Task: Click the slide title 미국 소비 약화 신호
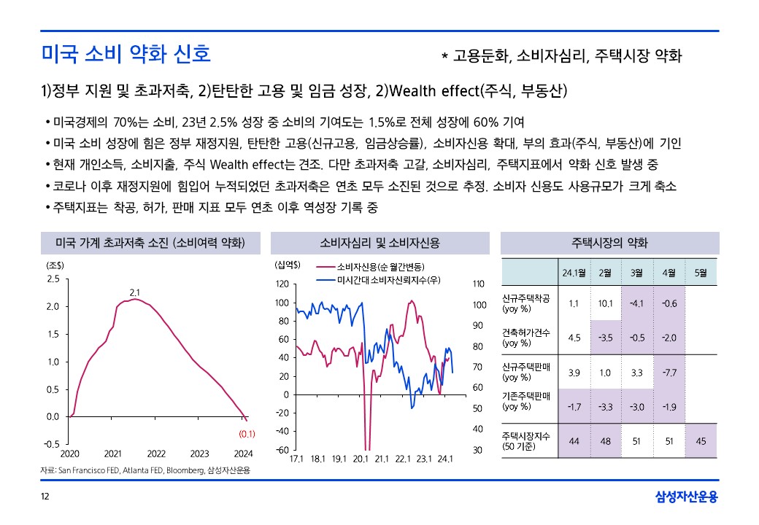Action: click(x=126, y=54)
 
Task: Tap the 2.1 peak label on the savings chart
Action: click(x=134, y=292)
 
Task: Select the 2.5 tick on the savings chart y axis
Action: click(x=53, y=279)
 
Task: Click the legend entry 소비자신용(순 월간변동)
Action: click(x=380, y=267)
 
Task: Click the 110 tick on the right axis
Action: click(x=479, y=284)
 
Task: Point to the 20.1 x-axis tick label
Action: click(x=360, y=459)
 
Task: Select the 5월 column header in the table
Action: click(x=701, y=273)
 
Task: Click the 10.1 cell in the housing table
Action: click(x=605, y=303)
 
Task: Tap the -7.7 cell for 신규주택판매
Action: click(x=669, y=373)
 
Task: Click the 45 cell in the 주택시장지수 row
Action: click(x=701, y=440)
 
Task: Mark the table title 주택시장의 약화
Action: click(x=609, y=244)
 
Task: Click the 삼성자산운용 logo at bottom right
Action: click(x=687, y=497)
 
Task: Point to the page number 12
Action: click(x=45, y=497)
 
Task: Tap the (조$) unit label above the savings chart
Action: click(x=55, y=265)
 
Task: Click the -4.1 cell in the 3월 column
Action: click(x=636, y=303)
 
